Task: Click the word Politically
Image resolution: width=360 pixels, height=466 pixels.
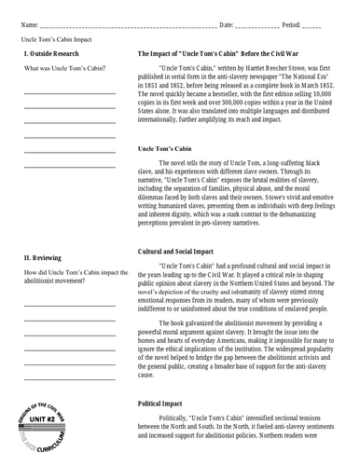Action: pyautogui.click(x=177, y=422)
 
